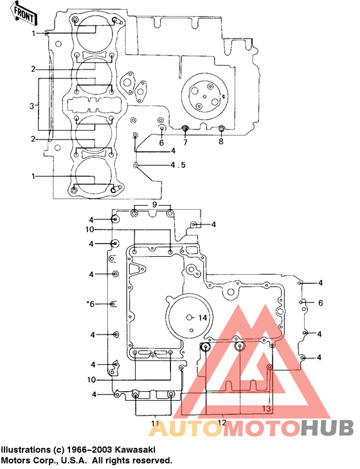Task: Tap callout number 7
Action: point(185,142)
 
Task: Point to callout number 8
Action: point(221,142)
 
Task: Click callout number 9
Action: point(154,204)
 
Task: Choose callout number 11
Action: point(154,423)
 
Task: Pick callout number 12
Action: point(222,422)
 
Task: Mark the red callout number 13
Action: point(266,409)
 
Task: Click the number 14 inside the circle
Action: point(202,318)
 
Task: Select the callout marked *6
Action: point(91,303)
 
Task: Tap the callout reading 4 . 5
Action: point(178,165)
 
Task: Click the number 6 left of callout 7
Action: point(161,142)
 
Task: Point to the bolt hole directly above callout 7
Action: point(185,129)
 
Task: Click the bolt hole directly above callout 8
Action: point(221,129)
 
